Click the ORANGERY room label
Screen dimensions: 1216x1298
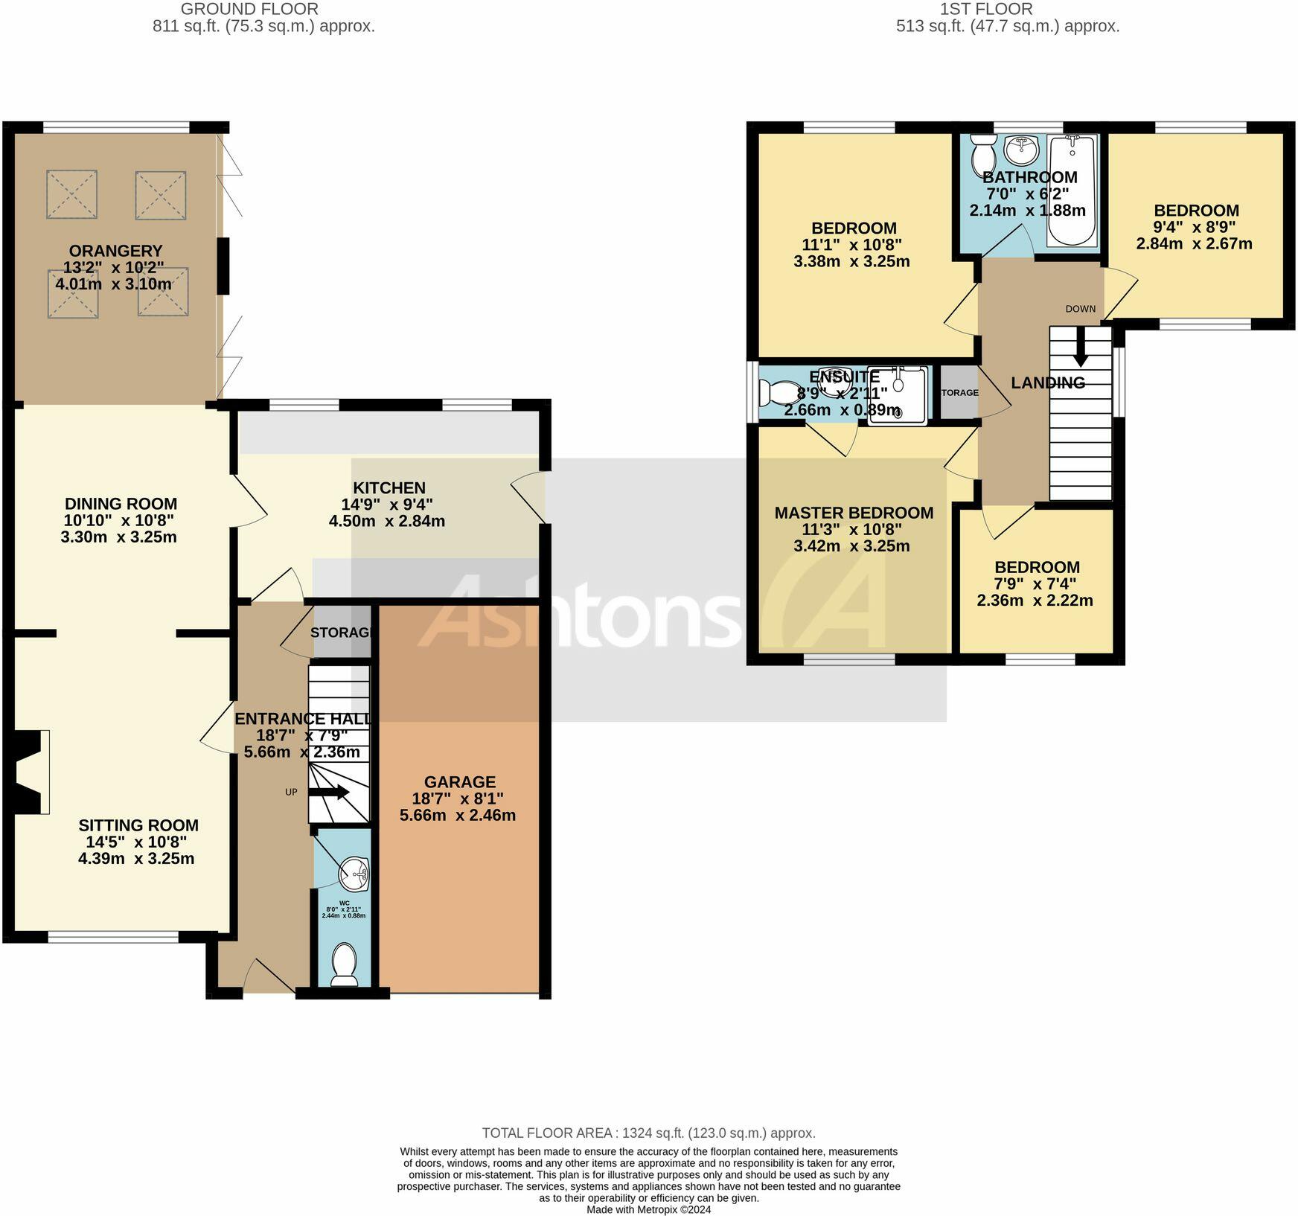115,252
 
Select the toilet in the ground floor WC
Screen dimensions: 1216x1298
344,964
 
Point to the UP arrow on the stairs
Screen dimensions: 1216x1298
329,793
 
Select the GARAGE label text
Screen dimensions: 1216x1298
459,782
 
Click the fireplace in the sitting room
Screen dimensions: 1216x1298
30,772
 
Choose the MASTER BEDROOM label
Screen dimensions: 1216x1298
854,513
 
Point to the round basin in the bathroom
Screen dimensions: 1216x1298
1020,150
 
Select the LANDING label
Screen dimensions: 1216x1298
1047,383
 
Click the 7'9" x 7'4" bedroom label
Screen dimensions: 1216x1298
1036,567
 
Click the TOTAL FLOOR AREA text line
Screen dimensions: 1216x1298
648,1133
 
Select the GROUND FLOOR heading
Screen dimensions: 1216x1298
249,10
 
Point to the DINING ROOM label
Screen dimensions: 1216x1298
121,504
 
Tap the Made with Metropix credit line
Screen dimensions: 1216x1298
648,1209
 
